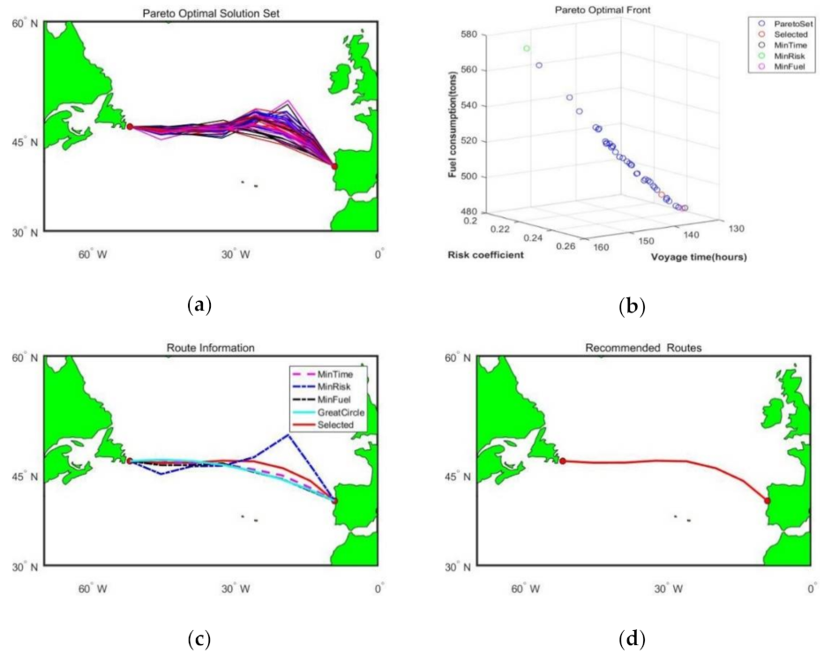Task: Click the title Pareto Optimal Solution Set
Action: coord(211,11)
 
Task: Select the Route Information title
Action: coord(210,348)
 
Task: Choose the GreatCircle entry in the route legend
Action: coord(329,411)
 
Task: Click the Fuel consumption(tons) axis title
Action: coord(453,129)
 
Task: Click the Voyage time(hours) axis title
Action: coord(699,257)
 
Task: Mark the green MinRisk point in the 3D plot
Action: coord(527,49)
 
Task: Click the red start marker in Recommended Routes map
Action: coord(563,461)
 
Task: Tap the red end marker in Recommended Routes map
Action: coord(768,500)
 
